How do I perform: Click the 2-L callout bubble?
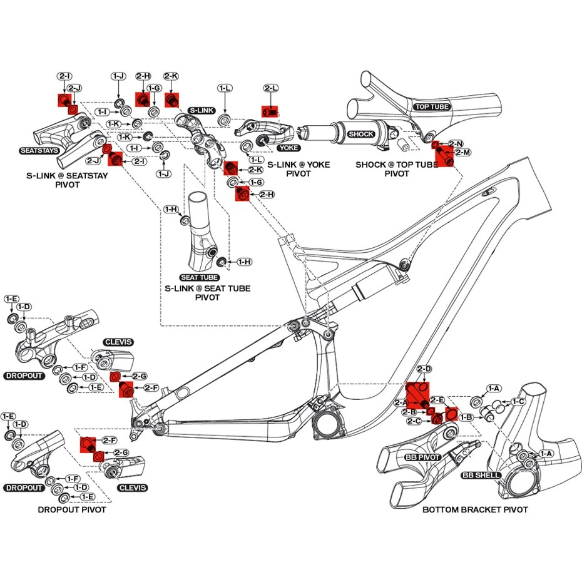[271, 89]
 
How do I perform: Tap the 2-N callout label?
[456, 144]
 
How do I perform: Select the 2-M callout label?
[464, 153]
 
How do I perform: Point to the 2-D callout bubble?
[424, 370]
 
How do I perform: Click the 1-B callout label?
[466, 417]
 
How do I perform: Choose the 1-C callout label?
[518, 401]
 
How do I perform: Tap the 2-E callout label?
[437, 399]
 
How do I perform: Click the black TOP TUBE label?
[432, 107]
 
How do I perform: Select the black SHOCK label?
[361, 134]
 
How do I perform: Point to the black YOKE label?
[289, 148]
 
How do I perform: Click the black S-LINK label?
[202, 110]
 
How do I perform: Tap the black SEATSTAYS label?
[40, 151]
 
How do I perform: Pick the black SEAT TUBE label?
[199, 277]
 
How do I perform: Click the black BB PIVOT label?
[424, 457]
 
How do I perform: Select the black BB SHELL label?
[481, 476]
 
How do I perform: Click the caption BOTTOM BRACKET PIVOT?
[475, 510]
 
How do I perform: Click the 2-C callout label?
[414, 421]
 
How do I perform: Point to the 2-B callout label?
[409, 412]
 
